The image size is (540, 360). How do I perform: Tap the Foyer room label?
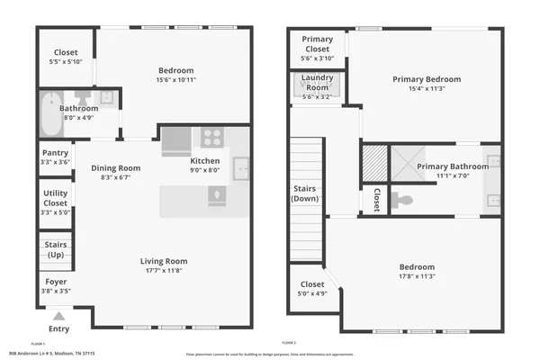pos(55,282)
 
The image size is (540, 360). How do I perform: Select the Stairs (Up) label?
pos(55,247)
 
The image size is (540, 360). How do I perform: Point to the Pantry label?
pos(55,153)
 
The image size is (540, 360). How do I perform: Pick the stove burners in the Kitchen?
pos(212,138)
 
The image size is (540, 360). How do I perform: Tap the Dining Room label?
pos(116,168)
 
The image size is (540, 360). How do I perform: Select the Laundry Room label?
pos(317,83)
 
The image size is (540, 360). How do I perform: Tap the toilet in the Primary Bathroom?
pos(404,200)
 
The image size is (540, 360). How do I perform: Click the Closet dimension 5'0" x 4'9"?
pos(312,292)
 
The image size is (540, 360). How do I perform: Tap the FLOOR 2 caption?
pos(289,344)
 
